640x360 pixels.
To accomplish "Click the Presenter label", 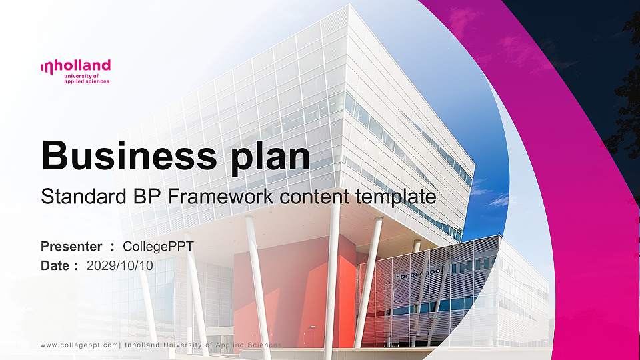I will click(x=72, y=247).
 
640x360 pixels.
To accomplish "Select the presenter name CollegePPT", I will click(x=159, y=247).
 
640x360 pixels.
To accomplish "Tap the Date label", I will click(x=55, y=265).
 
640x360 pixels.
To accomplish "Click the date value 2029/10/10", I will click(x=120, y=265).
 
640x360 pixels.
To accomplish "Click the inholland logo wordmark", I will click(x=75, y=66).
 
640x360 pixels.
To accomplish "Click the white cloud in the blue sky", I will click(x=497, y=199).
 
